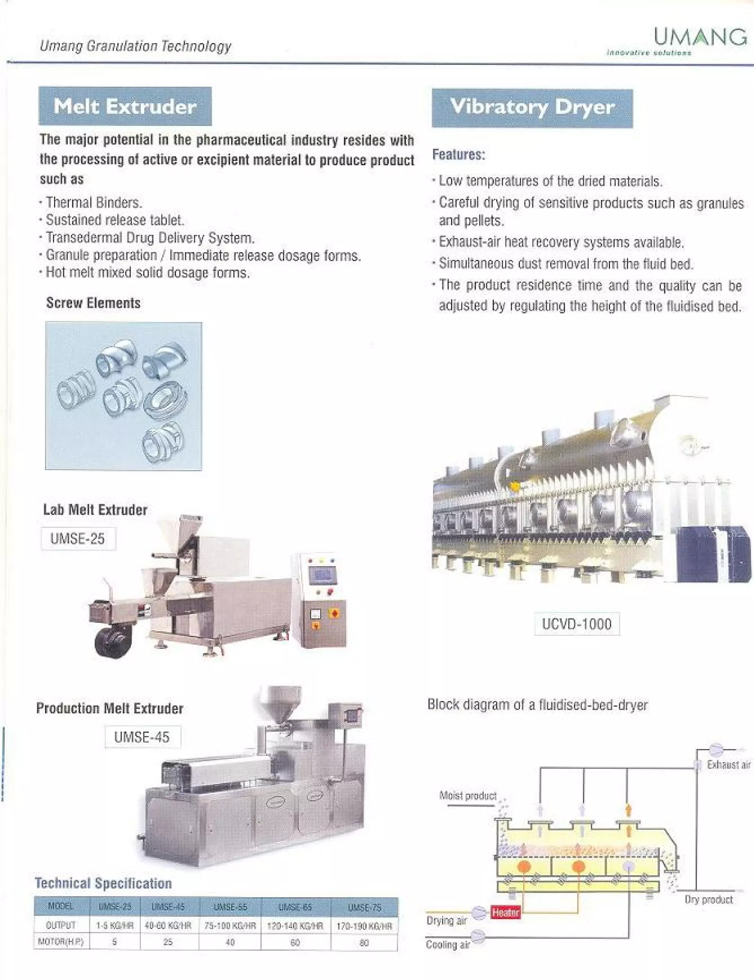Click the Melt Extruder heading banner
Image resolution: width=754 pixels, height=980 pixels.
[125, 106]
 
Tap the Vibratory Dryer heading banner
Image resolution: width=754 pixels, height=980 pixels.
[532, 108]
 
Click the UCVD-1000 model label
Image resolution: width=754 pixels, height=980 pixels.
[577, 624]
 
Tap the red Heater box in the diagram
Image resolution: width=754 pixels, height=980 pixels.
[505, 912]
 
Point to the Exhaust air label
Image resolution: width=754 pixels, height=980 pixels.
[729, 765]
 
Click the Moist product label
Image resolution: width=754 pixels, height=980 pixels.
[468, 796]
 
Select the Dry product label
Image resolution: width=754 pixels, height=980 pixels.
[709, 899]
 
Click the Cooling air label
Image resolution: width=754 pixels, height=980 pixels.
[447, 945]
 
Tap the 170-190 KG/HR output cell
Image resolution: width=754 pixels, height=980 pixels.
[364, 926]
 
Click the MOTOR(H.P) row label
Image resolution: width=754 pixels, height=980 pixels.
[61, 941]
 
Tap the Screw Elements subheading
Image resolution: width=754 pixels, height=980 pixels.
[94, 303]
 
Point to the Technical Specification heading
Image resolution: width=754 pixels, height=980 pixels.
[103, 883]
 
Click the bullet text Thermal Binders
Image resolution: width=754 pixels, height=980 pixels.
[94, 203]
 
